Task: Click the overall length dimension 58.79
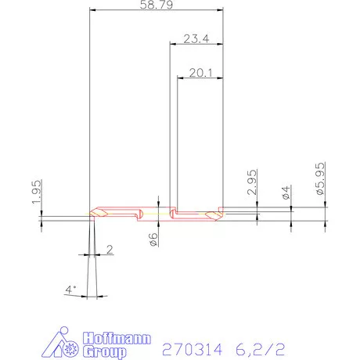[157, 5]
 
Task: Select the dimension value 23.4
[196, 39]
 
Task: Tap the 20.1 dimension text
[200, 73]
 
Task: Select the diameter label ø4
[286, 193]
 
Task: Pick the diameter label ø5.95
[320, 179]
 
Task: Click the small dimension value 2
[109, 250]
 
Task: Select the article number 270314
[189, 347]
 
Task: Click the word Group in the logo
[103, 352]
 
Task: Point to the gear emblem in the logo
[72, 341]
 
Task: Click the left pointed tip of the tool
[92, 213]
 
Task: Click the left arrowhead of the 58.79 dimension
[93, 10]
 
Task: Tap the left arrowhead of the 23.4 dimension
[172, 45]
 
